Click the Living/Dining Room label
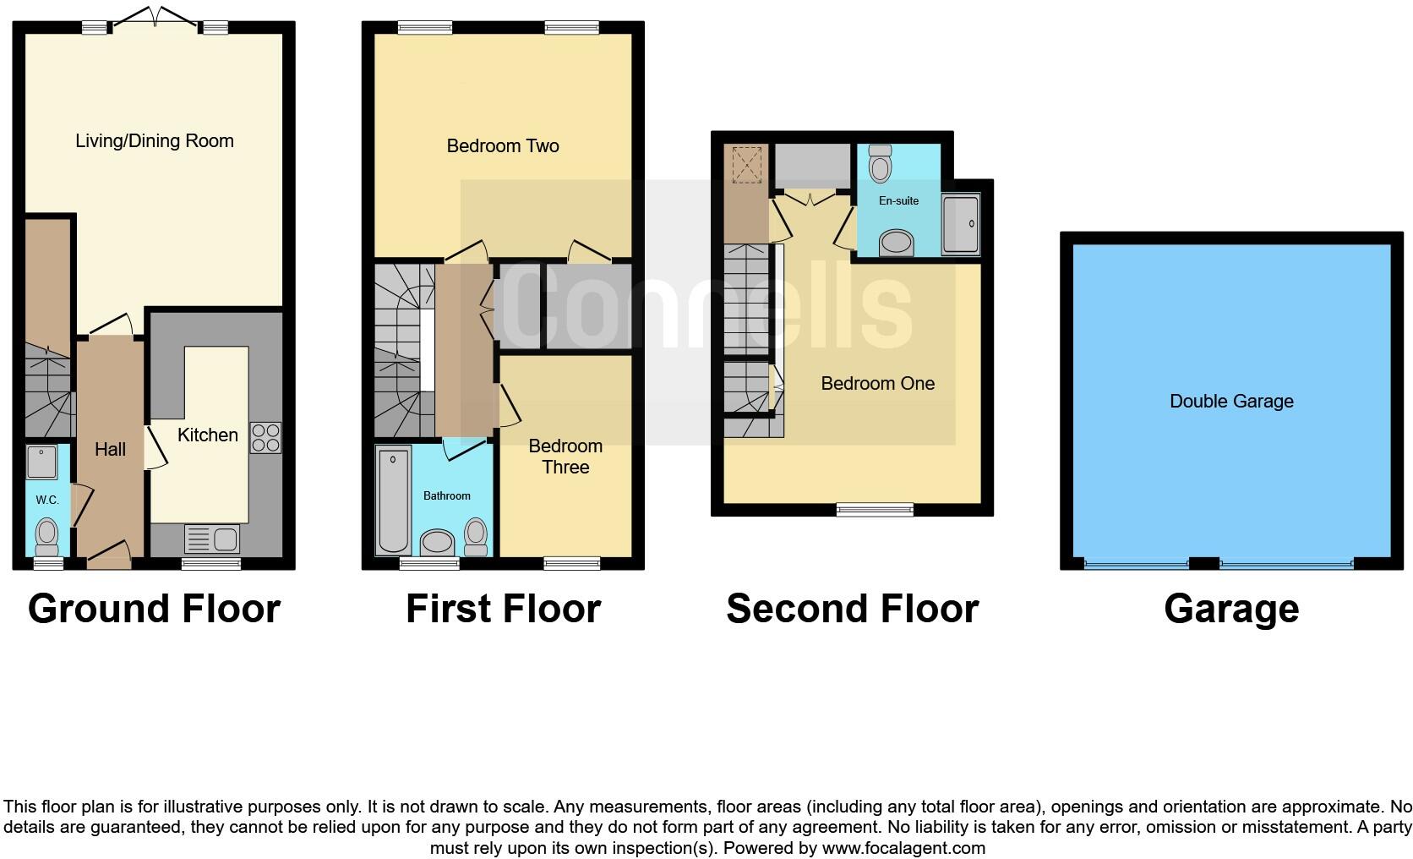click(155, 141)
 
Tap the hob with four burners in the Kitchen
click(265, 437)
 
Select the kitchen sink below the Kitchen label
click(212, 539)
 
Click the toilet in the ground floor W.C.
click(47, 534)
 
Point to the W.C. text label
click(47, 500)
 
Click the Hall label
click(110, 450)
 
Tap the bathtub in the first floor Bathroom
click(394, 501)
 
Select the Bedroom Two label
click(503, 146)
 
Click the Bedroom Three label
click(565, 457)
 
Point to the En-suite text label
click(898, 200)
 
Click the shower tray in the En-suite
click(961, 225)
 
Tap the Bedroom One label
click(877, 384)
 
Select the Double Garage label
click(1231, 402)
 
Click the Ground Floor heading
click(154, 609)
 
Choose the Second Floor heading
click(852, 609)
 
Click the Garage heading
click(1231, 609)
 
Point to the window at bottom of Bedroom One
click(875, 509)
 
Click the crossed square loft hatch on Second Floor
click(746, 164)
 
